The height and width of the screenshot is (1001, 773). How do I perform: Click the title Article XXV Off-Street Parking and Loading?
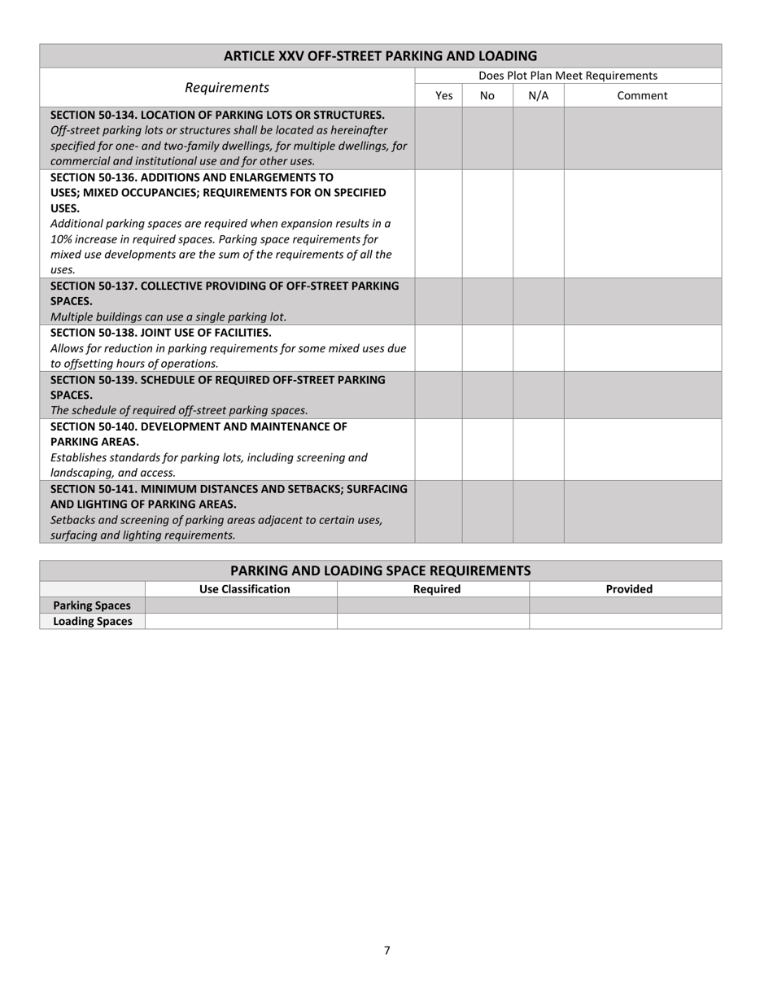point(380,56)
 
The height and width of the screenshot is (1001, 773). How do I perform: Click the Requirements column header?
point(227,88)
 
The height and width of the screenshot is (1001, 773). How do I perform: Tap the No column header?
point(487,96)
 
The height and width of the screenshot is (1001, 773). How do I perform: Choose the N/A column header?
point(538,96)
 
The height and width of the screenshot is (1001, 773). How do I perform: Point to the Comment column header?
point(642,96)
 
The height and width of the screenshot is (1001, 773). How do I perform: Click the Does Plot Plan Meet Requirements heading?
point(568,76)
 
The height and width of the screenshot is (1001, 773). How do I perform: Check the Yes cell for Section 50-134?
point(439,138)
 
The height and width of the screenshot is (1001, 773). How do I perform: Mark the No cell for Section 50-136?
point(487,224)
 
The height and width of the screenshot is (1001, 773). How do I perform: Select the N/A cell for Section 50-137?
point(538,301)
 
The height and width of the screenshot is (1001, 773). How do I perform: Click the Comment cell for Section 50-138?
point(642,348)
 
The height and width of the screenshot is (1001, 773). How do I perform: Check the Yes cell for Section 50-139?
point(439,396)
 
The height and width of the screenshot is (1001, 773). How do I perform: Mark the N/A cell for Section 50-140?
point(538,450)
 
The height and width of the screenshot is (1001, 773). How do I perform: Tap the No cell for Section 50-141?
point(487,512)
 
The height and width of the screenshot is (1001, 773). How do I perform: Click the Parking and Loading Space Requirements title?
point(380,570)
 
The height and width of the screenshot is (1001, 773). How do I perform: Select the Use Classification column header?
point(241,589)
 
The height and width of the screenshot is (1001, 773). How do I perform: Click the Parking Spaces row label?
point(92,605)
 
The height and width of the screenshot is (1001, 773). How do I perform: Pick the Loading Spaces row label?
point(92,622)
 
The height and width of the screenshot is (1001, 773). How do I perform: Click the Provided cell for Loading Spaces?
point(625,622)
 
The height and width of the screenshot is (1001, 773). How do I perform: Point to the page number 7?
point(387,951)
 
